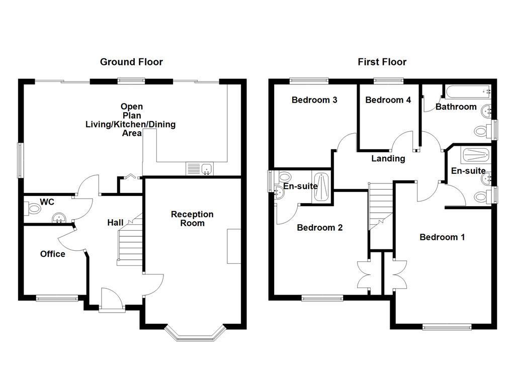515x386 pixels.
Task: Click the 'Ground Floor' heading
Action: click(131, 62)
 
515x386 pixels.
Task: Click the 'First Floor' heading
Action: click(382, 62)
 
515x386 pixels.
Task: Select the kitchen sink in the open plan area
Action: click(200, 169)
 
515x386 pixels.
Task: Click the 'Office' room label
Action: click(53, 254)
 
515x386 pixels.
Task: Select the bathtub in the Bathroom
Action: click(466, 92)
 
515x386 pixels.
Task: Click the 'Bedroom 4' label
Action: click(388, 100)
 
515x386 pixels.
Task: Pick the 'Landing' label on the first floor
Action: click(388, 158)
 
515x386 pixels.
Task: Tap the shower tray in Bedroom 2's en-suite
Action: click(321, 186)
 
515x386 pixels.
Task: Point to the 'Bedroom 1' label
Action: click(442, 237)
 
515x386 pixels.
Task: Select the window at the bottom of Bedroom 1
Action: click(447, 327)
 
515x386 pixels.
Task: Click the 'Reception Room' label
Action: click(192, 218)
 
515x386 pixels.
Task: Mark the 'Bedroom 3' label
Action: click(314, 100)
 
